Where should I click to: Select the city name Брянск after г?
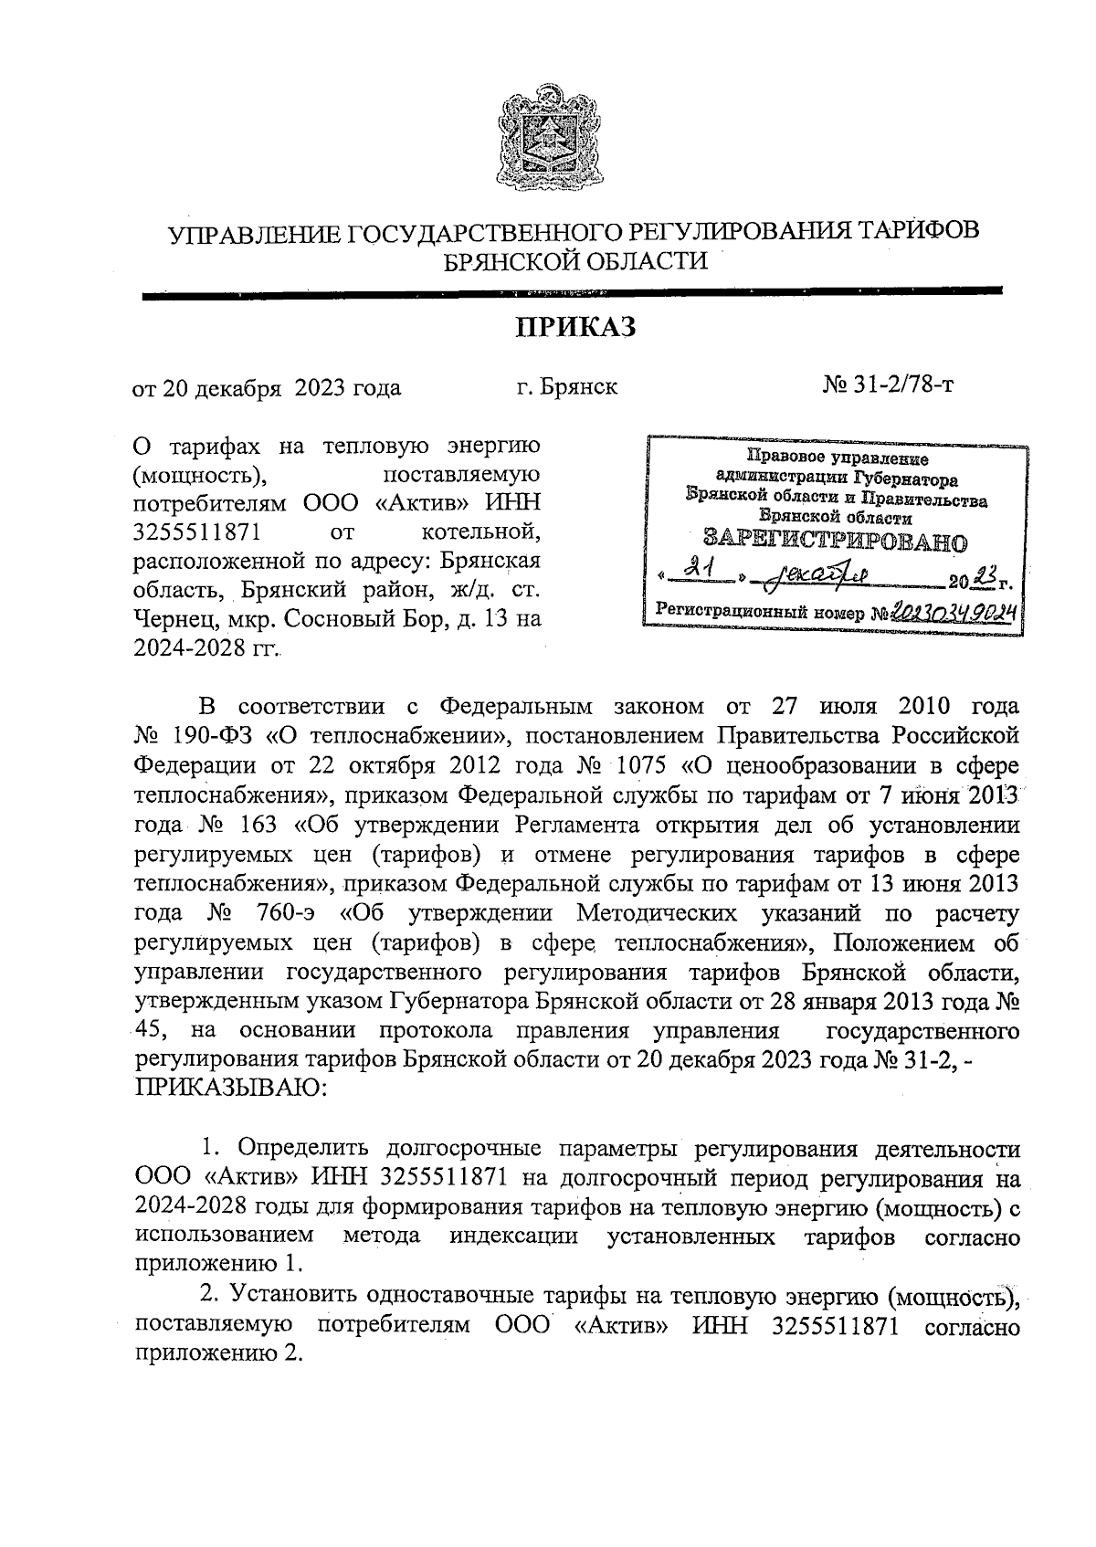click(578, 386)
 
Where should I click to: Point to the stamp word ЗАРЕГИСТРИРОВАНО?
click(835, 541)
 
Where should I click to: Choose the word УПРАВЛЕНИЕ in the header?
click(253, 232)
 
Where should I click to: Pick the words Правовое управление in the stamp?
click(838, 459)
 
